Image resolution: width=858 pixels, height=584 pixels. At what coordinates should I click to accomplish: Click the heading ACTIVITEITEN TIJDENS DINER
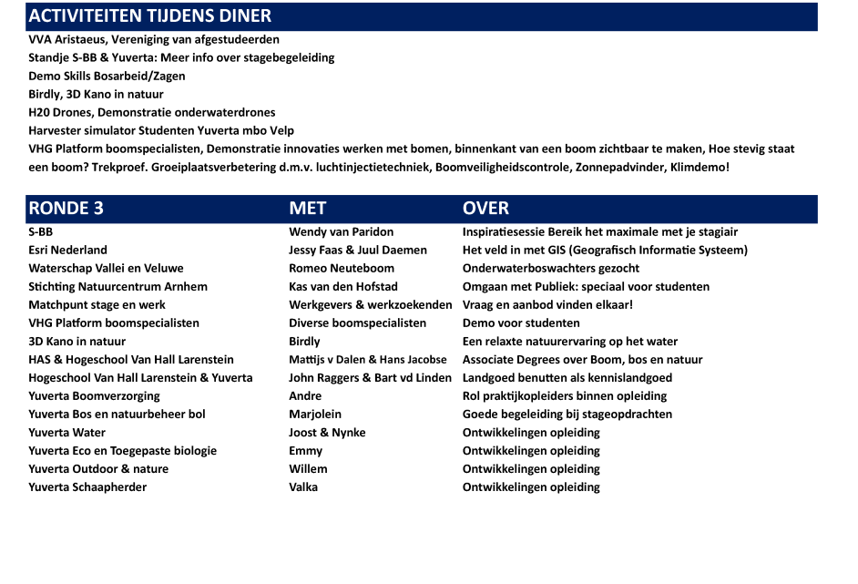coord(150,16)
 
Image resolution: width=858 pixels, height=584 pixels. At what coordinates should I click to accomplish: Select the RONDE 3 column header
coord(66,209)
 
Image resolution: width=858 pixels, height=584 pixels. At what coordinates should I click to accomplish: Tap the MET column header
coord(307,209)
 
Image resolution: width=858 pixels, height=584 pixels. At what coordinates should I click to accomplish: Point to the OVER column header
coord(485,209)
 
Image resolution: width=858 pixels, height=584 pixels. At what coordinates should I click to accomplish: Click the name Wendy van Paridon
coord(341,232)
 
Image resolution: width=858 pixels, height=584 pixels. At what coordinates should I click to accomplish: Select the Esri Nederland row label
coord(67,251)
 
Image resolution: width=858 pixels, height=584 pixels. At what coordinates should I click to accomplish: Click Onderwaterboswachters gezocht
coord(550,269)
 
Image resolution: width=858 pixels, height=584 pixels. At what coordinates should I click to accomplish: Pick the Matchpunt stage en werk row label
coord(97,305)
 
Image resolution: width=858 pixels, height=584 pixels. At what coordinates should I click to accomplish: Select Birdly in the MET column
coord(304,342)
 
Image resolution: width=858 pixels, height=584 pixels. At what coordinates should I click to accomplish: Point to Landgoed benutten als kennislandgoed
coord(567,378)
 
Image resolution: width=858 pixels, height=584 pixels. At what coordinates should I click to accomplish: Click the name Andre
coord(305,396)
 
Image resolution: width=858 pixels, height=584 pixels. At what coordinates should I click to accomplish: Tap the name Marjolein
coord(315,415)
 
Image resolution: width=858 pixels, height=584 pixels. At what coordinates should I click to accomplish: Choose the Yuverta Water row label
coord(66,433)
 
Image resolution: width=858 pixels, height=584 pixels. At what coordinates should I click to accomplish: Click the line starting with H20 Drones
coord(151,112)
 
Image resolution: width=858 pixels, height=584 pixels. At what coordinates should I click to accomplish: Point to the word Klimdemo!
coord(699,168)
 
